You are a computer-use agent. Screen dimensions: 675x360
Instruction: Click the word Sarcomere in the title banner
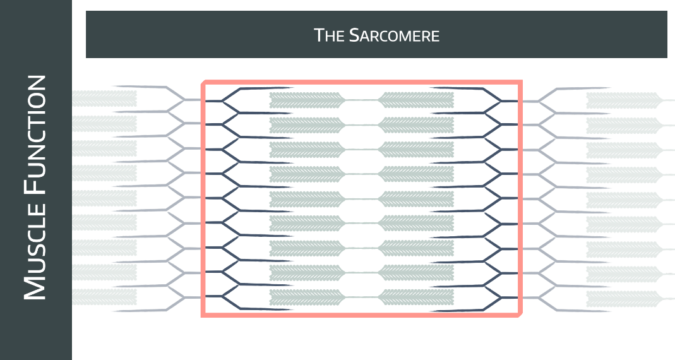point(393,35)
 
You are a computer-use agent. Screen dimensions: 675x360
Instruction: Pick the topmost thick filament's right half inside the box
point(415,100)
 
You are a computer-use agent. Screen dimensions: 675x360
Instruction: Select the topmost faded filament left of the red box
point(105,99)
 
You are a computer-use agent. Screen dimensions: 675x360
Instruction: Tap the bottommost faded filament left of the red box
point(105,297)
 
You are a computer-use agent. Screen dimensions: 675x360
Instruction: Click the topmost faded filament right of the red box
point(622,100)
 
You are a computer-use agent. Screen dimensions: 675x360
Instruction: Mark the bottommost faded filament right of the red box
point(622,297)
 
